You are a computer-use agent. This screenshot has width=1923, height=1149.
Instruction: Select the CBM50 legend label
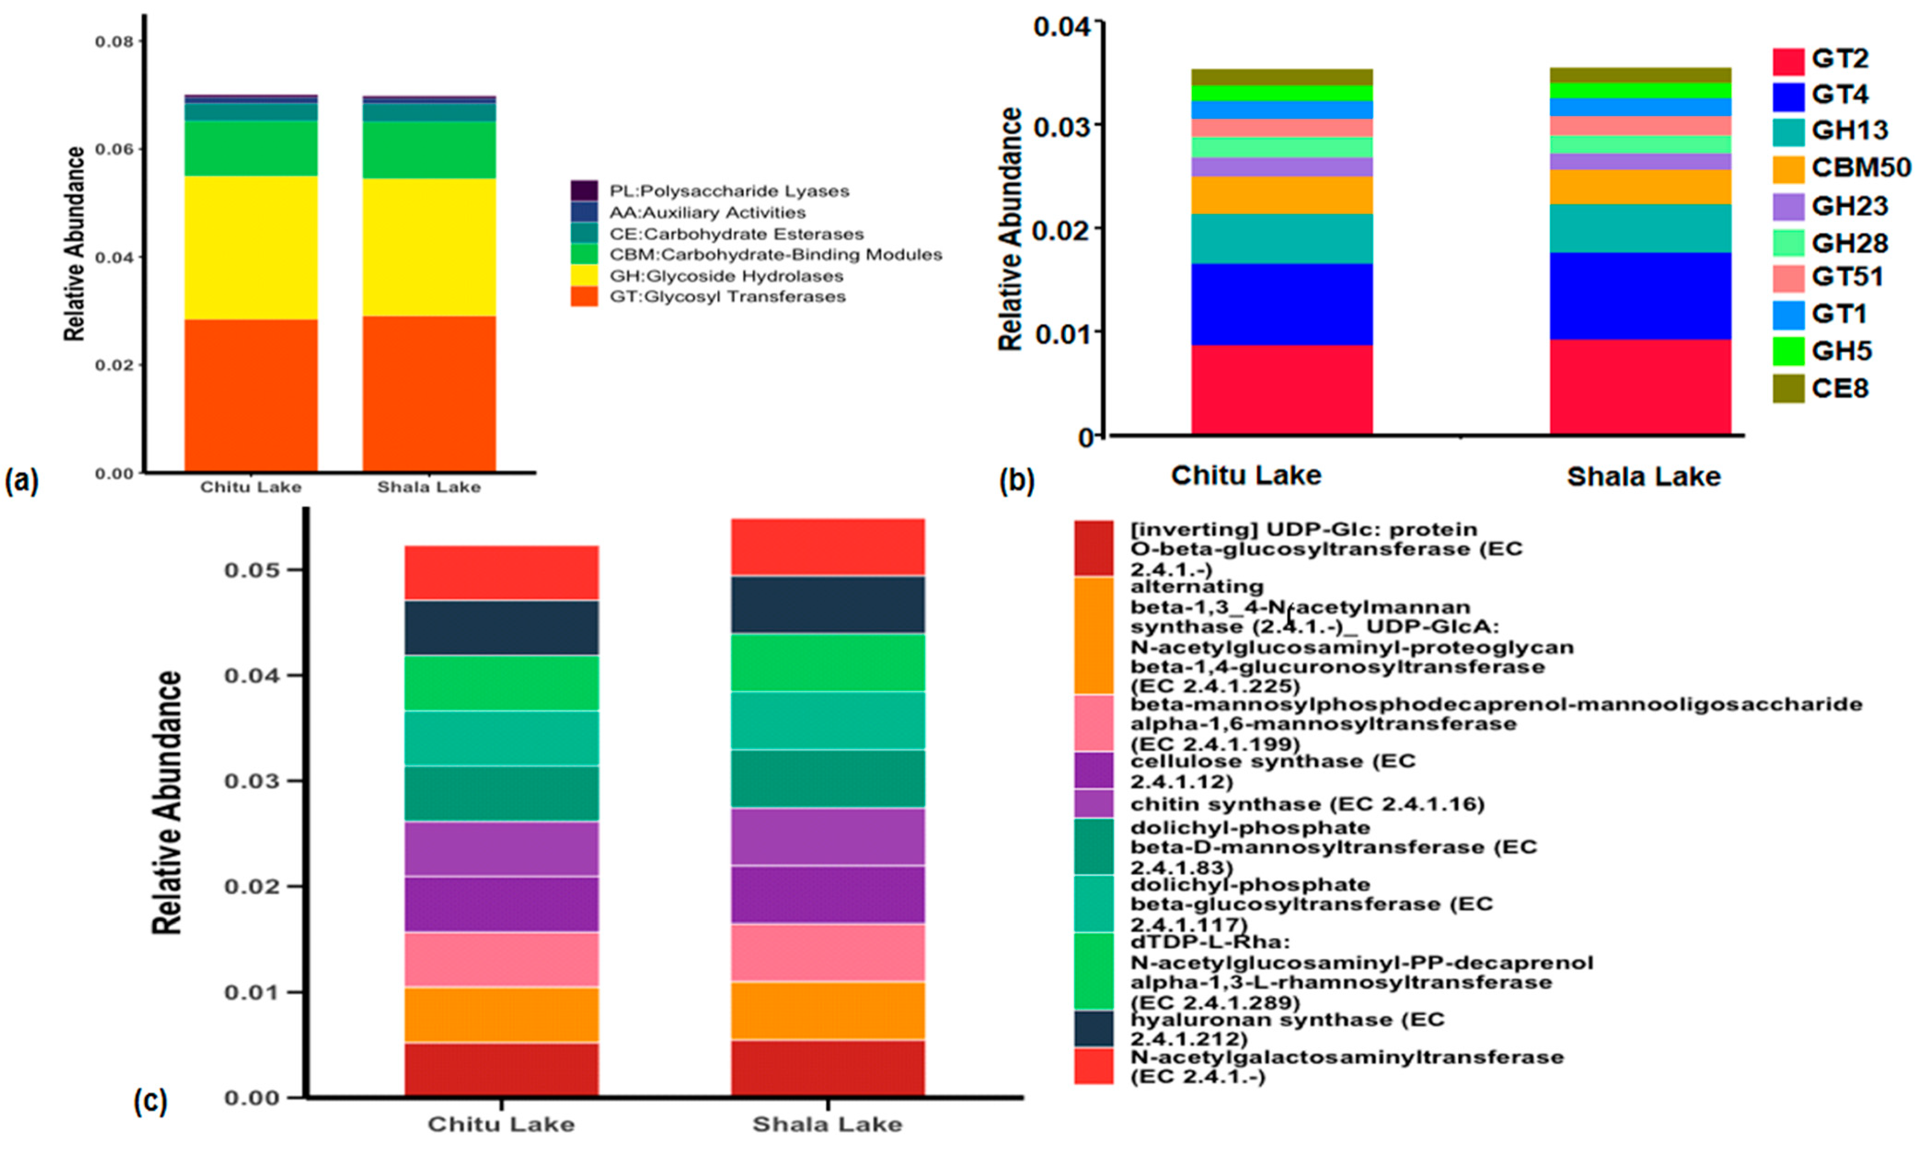point(1860,167)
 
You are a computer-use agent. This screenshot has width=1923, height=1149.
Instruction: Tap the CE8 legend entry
point(1839,388)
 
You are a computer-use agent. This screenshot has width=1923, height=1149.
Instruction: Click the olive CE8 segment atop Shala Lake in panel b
point(1640,74)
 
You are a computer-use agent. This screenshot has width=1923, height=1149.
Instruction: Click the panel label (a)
point(21,481)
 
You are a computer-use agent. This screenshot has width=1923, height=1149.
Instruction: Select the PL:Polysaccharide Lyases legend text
point(729,190)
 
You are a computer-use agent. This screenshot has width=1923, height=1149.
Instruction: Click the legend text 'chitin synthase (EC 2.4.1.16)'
point(1307,805)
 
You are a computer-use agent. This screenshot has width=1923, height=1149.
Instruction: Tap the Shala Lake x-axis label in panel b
point(1643,476)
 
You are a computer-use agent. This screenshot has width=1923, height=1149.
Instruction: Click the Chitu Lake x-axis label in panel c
point(501,1123)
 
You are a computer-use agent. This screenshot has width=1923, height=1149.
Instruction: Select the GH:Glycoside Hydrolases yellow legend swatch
point(584,275)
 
